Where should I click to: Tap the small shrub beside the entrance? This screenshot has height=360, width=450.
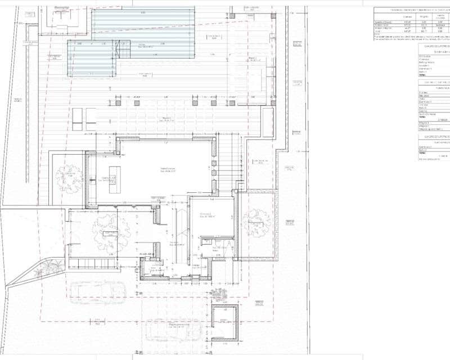point(217,294)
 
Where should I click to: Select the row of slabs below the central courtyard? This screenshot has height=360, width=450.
point(90,263)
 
